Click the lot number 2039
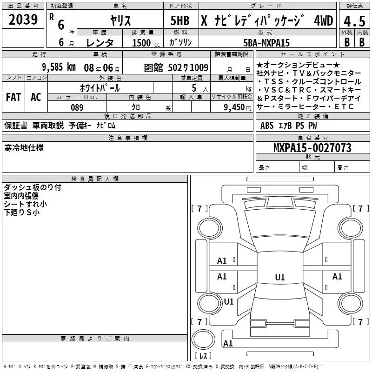click(x=23, y=20)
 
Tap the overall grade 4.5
click(x=354, y=21)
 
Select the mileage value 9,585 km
click(x=59, y=67)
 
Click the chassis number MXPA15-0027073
click(x=312, y=147)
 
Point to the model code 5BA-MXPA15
click(x=266, y=43)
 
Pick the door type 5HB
click(x=180, y=20)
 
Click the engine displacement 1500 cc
click(x=146, y=43)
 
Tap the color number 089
click(x=77, y=107)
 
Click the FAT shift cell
click(x=13, y=97)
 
